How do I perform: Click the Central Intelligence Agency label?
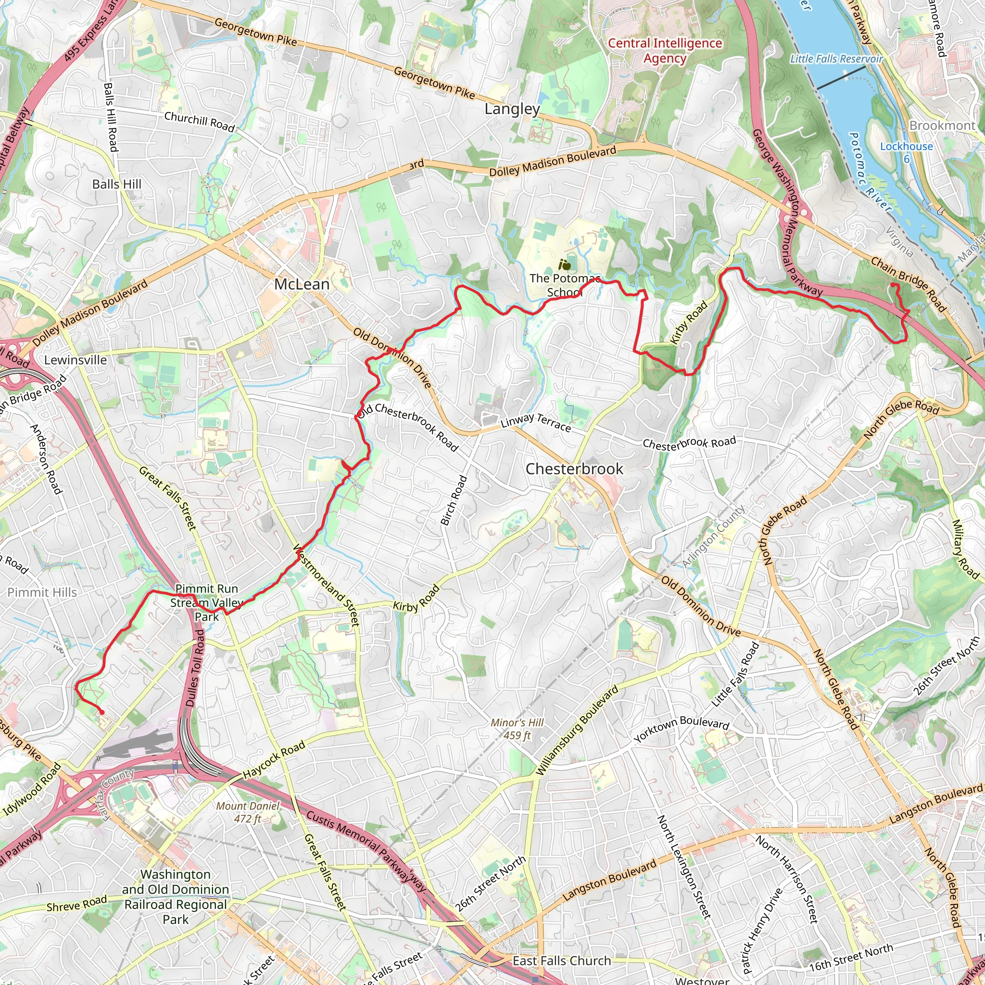(665, 51)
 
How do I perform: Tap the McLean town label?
(302, 285)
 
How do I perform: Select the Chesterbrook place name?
(574, 469)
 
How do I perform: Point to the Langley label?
(512, 109)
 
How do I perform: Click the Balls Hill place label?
(117, 184)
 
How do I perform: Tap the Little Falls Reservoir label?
(836, 59)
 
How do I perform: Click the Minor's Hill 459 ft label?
(517, 729)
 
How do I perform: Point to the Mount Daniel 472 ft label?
(248, 812)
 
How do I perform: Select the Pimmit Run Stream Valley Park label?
(206, 603)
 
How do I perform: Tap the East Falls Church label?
(561, 960)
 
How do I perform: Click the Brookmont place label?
(942, 126)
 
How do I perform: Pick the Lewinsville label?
(76, 360)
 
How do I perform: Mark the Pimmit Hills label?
(42, 593)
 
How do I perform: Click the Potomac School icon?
(564, 265)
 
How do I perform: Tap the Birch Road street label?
(454, 500)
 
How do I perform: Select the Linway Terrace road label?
(535, 423)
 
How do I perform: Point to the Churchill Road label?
(199, 121)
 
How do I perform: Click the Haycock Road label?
(274, 759)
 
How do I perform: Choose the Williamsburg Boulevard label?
(577, 731)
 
